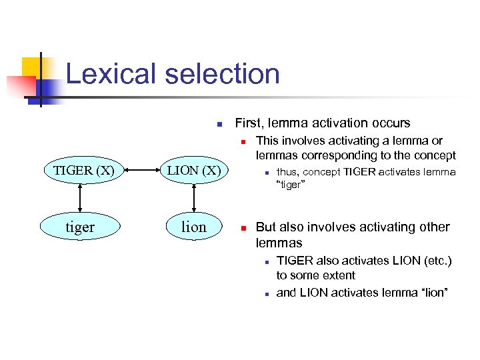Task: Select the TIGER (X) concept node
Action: [80, 170]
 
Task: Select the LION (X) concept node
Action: [193, 170]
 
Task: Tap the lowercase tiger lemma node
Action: [80, 227]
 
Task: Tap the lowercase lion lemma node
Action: [193, 227]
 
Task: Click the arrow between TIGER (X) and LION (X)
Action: [137, 170]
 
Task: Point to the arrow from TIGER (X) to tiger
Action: [80, 199]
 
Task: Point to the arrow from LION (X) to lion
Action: [193, 199]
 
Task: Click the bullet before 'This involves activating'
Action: [244, 141]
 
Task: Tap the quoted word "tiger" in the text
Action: [291, 185]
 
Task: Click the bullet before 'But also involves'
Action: [244, 227]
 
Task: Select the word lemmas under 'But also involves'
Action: [279, 243]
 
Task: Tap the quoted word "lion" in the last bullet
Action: [432, 293]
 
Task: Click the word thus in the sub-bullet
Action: [288, 172]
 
